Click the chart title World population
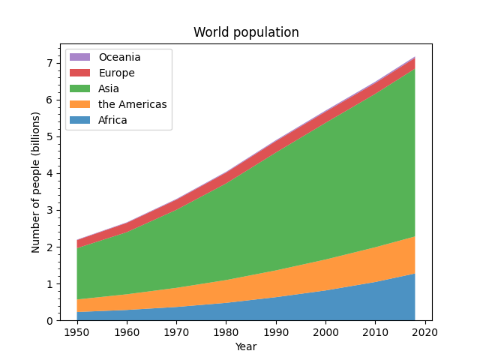(x=246, y=32)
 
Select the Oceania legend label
(x=119, y=57)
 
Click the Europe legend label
(x=116, y=73)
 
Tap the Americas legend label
(x=132, y=104)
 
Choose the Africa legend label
(x=112, y=120)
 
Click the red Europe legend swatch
(x=80, y=73)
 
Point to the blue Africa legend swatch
(x=80, y=120)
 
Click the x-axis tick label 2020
(x=424, y=332)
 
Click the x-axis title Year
(x=246, y=346)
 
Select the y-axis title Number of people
(x=36, y=182)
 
